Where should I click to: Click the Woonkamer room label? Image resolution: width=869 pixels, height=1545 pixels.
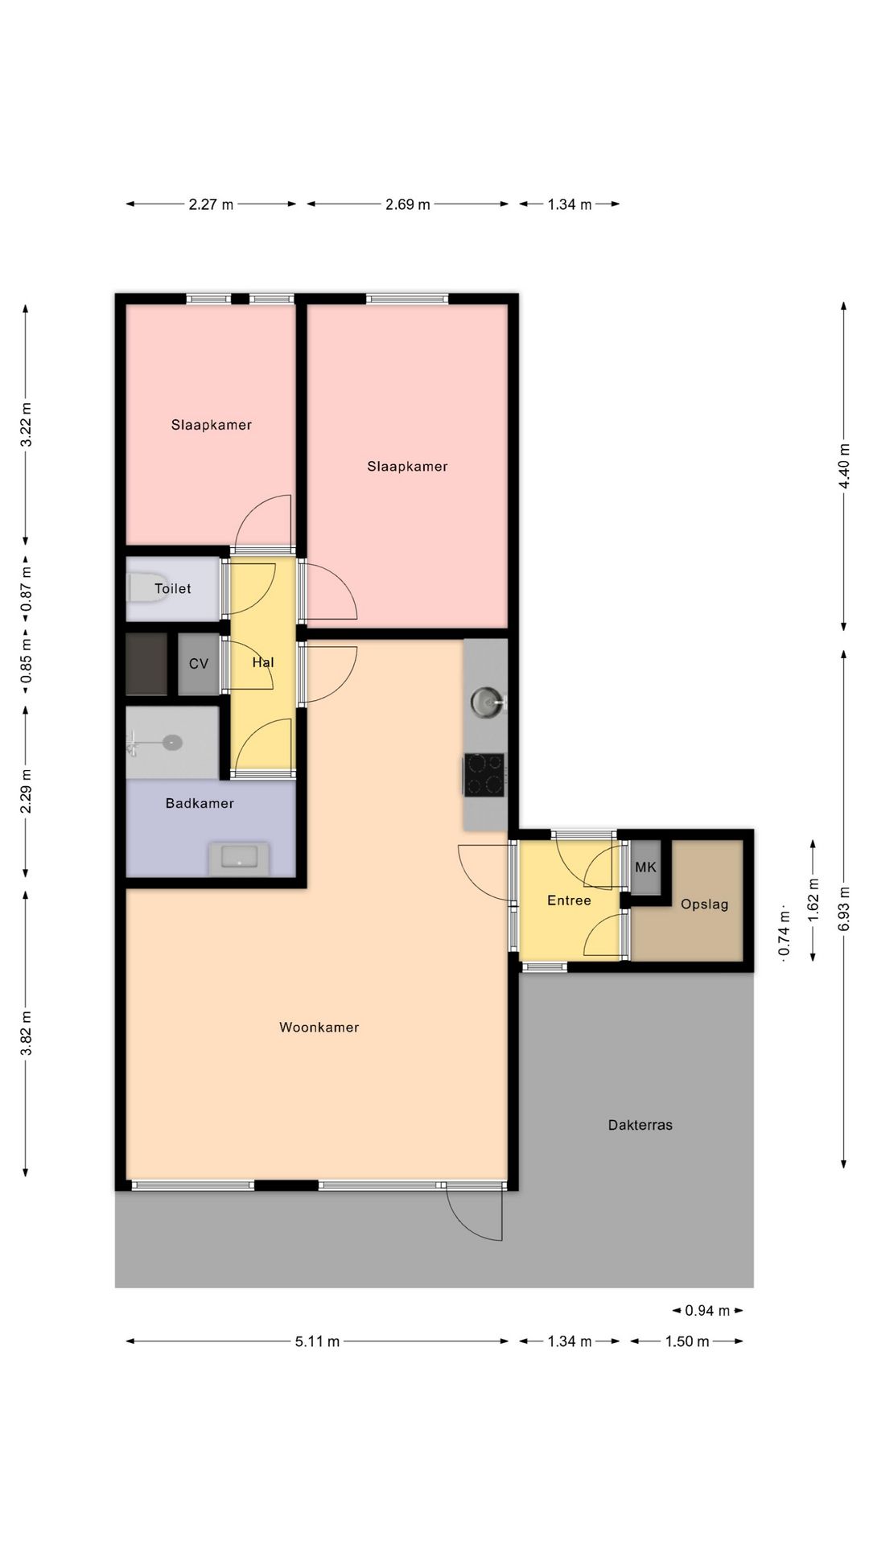319,1028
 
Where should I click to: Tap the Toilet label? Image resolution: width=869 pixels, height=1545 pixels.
173,589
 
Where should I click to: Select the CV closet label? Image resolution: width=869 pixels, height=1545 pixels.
199,664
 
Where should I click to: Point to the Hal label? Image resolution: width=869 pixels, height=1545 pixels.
263,662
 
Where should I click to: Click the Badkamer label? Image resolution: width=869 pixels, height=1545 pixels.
200,803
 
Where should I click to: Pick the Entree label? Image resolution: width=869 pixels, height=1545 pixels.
569,900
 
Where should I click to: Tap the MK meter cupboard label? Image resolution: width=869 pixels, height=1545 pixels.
646,867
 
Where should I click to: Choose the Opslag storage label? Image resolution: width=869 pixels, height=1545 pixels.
704,904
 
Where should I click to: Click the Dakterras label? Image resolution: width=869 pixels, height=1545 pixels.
640,1125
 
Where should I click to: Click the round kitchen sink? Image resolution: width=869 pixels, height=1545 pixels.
487,702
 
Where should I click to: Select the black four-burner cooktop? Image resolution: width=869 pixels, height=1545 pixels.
484,775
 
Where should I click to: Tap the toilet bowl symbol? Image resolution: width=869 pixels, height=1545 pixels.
148,588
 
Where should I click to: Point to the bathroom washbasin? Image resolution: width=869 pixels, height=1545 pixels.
239,859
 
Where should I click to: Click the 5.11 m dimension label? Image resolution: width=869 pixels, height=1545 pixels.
317,1341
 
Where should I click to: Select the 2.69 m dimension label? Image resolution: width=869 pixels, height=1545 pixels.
408,204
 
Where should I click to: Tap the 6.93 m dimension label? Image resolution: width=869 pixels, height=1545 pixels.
844,908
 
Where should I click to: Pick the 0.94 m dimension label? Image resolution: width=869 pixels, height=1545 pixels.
707,1311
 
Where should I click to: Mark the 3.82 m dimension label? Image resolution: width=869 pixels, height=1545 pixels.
27,1033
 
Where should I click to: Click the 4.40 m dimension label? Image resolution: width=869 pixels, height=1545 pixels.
844,466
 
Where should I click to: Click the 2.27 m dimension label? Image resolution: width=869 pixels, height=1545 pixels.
211,204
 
